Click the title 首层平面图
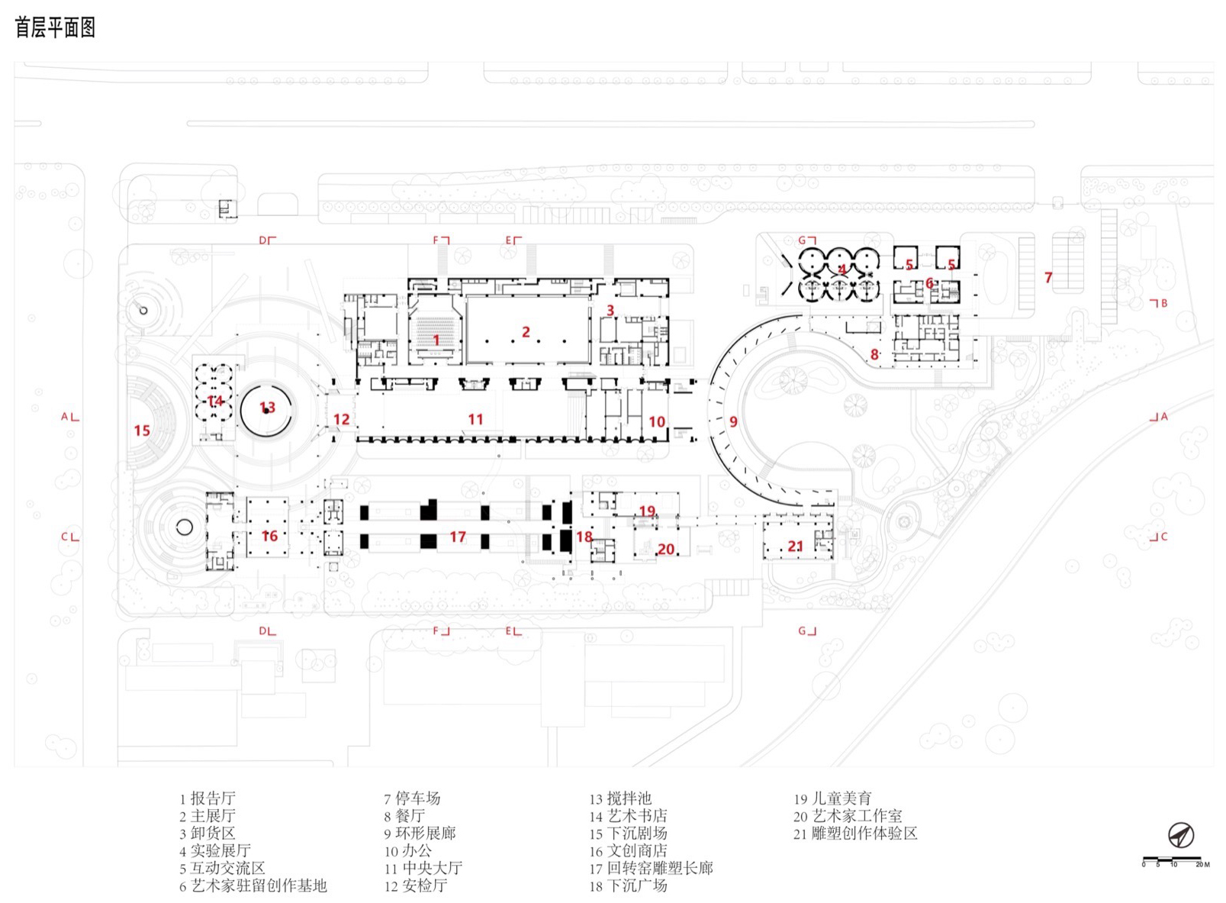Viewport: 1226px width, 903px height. coord(55,28)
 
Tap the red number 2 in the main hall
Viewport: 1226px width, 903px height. coord(526,332)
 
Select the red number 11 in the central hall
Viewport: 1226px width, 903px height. coord(475,419)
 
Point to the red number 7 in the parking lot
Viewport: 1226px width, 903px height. coord(1048,278)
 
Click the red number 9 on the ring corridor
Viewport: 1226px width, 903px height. coord(733,421)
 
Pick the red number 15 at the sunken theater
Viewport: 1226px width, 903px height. coord(142,431)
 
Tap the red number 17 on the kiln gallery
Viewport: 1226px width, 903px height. coord(457,537)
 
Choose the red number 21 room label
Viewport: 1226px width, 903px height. coord(795,547)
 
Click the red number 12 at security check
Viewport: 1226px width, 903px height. coord(341,419)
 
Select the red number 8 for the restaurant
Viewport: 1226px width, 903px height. coord(874,354)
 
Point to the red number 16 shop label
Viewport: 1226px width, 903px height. coord(269,536)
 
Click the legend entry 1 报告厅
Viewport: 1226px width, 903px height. coord(208,798)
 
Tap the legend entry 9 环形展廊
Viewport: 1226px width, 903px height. coord(420,834)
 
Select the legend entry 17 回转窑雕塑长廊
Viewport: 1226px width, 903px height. coord(651,869)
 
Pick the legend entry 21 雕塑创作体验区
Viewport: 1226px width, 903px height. coord(855,834)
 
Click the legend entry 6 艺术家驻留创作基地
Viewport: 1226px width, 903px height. coord(253,886)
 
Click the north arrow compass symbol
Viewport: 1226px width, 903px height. coord(1180,835)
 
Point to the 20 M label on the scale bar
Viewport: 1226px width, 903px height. coord(1202,864)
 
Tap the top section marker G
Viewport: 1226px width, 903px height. coord(803,240)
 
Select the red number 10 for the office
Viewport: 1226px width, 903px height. coord(657,421)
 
